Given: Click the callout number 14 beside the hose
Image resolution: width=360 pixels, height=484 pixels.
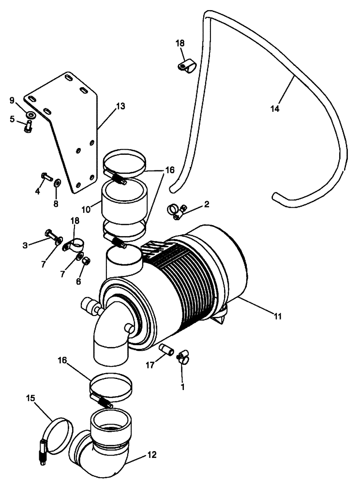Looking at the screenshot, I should pos(275,109).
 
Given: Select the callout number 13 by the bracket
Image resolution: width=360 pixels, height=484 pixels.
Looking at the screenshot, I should pos(120,106).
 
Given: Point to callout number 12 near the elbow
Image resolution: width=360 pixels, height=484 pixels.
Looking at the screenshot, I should pos(151,455).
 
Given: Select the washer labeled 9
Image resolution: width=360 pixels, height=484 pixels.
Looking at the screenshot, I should pos(31,115).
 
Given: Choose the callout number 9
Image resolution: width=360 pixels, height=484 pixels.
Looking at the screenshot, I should pos(12,100).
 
